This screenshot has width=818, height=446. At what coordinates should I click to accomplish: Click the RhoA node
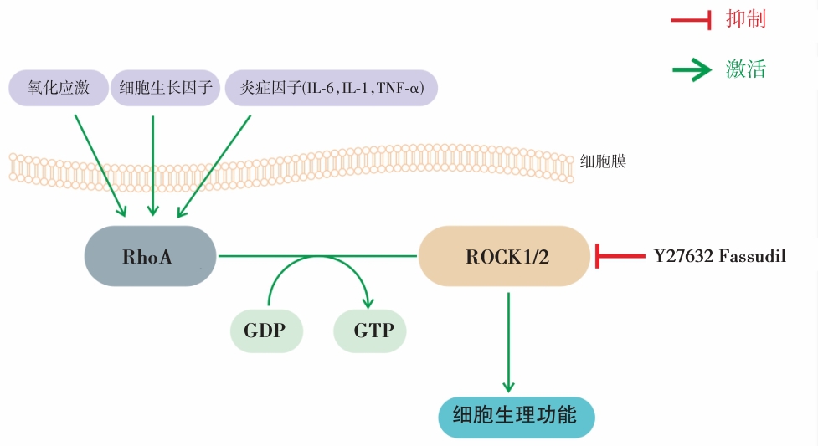[150, 256]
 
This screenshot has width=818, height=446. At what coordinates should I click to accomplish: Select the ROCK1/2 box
[504, 256]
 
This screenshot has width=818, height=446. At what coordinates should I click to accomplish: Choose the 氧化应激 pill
[59, 88]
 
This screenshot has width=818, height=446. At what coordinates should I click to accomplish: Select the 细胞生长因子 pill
[166, 88]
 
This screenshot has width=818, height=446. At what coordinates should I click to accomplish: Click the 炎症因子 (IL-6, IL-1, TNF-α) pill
[331, 88]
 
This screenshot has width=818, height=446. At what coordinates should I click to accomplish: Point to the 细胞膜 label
[603, 161]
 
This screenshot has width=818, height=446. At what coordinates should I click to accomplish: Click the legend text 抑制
[746, 19]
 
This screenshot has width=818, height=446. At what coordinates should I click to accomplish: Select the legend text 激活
[746, 69]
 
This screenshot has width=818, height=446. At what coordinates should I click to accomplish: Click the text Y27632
[682, 256]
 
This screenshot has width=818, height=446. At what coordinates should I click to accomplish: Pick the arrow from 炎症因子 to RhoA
[215, 162]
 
